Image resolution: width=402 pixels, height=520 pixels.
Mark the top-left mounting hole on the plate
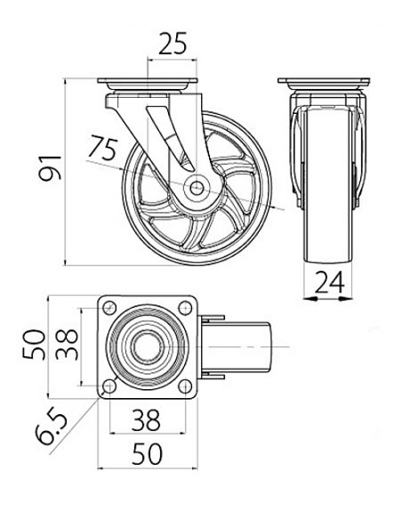point(109,307)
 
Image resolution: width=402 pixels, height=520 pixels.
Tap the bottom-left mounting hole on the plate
point(109,386)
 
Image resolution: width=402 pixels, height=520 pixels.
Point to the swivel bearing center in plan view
point(148,346)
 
